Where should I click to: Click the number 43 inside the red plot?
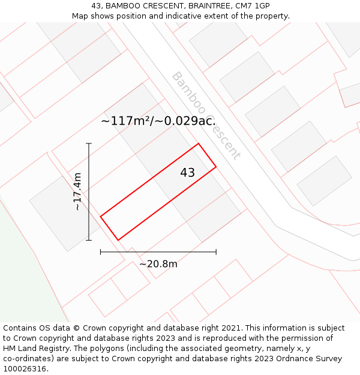(x=187, y=173)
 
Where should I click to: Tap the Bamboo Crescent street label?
(x=206, y=115)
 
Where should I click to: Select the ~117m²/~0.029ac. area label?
(x=158, y=121)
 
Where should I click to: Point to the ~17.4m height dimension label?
(x=77, y=191)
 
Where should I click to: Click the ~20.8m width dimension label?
(x=158, y=263)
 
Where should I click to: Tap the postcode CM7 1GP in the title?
(x=254, y=6)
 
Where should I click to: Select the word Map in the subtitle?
(x=80, y=16)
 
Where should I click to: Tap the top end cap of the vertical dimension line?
(x=89, y=143)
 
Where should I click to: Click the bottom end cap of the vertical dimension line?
(x=89, y=240)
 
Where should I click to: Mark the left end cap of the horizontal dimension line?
(x=101, y=252)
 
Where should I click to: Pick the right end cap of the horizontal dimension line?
(x=216, y=252)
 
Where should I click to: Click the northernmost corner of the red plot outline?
(x=198, y=143)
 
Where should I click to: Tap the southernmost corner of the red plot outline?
(x=118, y=240)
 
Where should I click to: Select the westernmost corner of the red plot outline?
(x=101, y=216)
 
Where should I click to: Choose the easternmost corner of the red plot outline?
(x=216, y=167)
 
